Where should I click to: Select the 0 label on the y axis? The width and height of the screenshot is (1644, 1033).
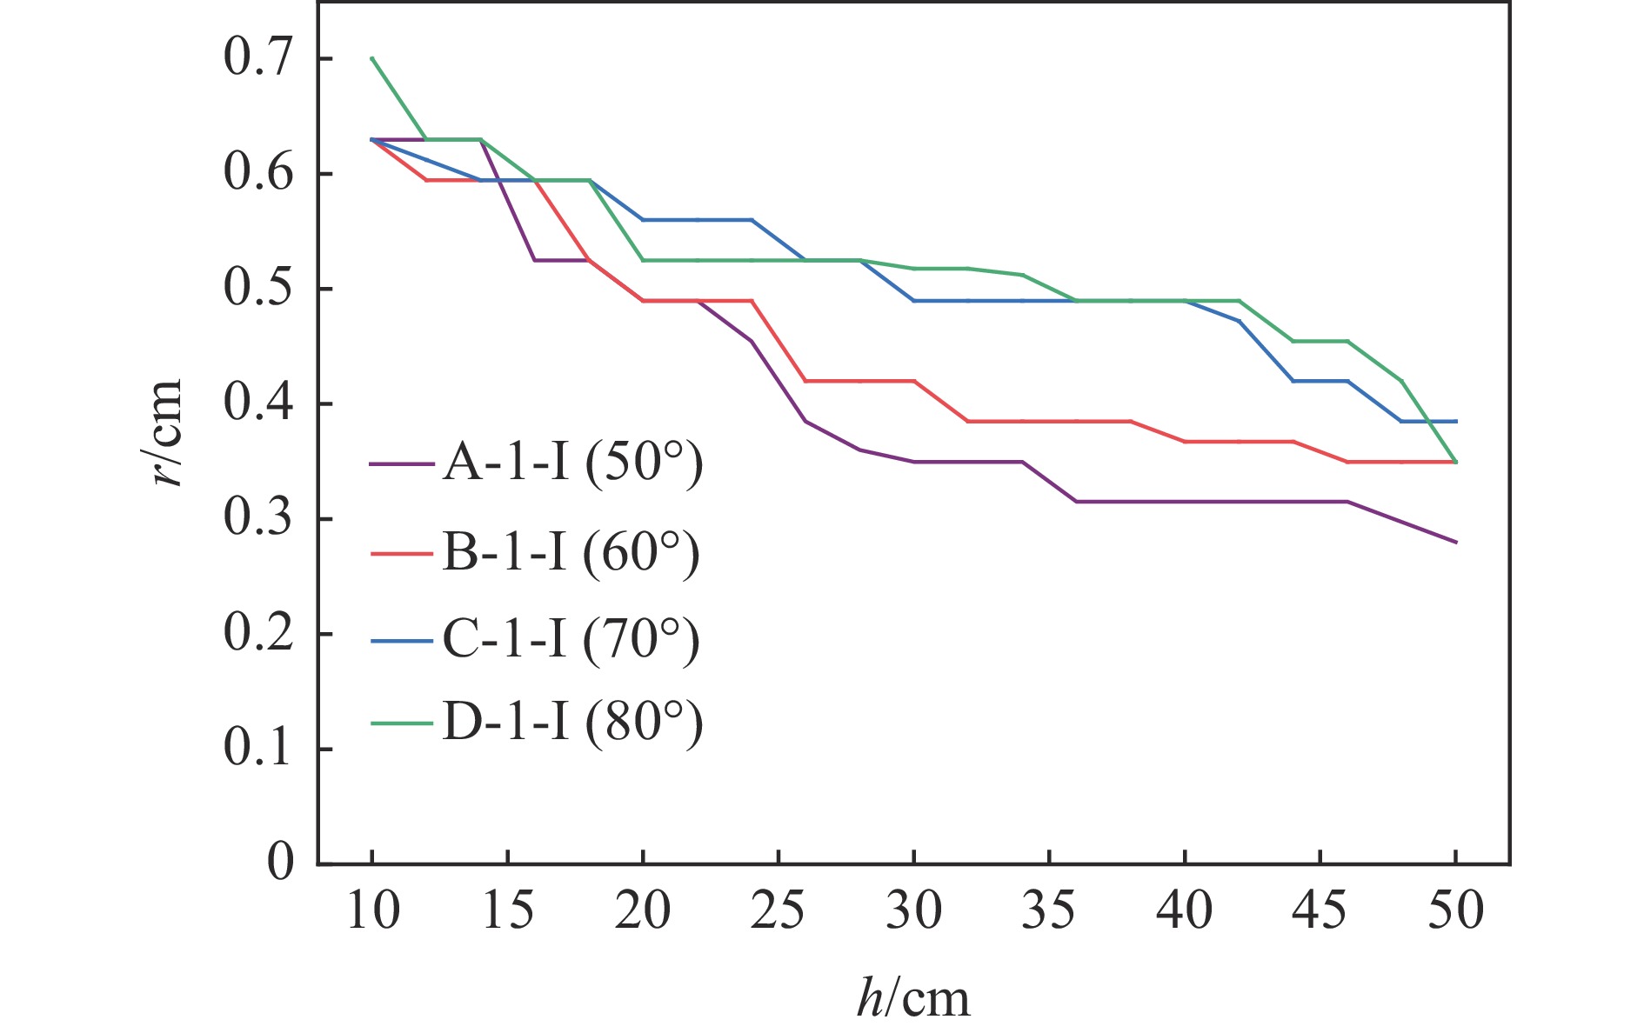pos(280,863)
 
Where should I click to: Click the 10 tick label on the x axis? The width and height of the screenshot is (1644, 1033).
pos(372,910)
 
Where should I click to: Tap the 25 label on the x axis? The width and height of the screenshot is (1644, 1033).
pos(778,910)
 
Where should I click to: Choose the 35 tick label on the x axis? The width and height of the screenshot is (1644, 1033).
pos(1049,910)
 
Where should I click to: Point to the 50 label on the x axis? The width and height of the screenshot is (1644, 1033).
pos(1455,910)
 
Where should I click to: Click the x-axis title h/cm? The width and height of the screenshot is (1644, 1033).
pos(912,998)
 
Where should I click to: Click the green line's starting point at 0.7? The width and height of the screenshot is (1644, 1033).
pos(372,58)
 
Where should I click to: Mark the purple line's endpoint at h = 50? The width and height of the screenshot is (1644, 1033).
pos(1455,542)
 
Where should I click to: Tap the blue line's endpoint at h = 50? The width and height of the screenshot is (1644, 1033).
pos(1455,422)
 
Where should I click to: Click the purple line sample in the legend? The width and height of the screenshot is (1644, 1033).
pos(401,463)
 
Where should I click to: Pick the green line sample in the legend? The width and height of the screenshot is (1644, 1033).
pos(401,723)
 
